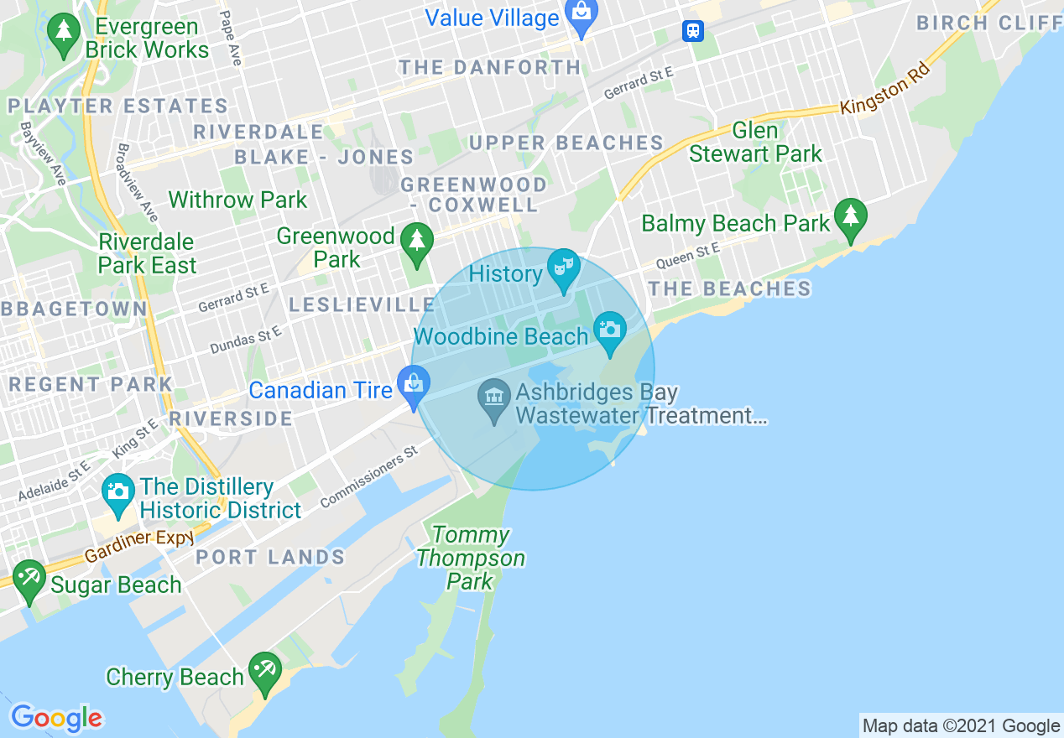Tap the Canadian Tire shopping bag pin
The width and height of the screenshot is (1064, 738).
point(413,386)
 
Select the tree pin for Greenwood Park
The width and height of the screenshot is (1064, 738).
point(416,242)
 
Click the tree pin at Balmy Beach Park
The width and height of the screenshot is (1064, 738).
point(850,217)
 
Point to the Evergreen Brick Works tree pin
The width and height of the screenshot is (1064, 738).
point(64,34)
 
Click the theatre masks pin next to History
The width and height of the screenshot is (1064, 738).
point(561,268)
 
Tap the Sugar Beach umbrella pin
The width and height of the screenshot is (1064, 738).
point(29,579)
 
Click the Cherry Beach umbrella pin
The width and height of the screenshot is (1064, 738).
point(265,671)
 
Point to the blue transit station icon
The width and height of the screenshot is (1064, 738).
point(692,31)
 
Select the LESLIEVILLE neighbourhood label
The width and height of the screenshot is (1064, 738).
point(362,304)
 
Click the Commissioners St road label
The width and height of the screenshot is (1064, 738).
point(368,478)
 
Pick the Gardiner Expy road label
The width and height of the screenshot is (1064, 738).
point(139,545)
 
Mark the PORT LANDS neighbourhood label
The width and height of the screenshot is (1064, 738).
point(270,557)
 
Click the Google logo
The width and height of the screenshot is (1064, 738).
point(56,718)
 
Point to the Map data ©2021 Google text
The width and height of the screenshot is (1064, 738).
point(961,725)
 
